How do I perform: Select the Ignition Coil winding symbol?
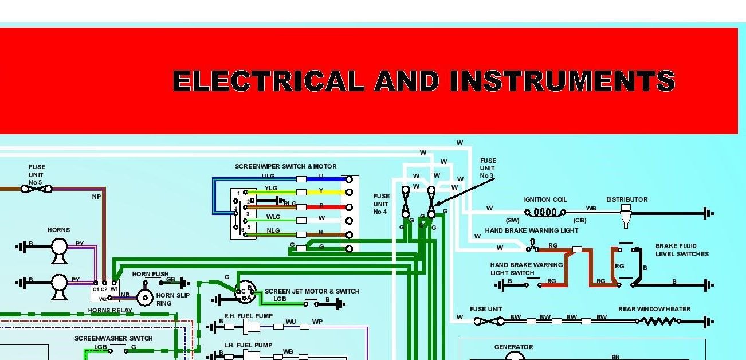coord(545,213)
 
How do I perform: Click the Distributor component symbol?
coord(626,214)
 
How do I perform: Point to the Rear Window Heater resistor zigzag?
coord(659,322)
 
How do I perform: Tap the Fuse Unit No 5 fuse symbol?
coord(37,188)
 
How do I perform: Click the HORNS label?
coord(58,230)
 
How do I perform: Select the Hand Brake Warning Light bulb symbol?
coord(533,247)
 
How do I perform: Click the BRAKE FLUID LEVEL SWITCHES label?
coord(682,250)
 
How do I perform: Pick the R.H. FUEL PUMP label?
coord(248,316)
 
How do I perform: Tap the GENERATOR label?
coord(513,347)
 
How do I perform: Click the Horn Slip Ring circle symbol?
coord(145,298)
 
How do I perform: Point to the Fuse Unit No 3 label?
coord(488,168)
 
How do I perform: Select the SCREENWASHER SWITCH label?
coord(113,338)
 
